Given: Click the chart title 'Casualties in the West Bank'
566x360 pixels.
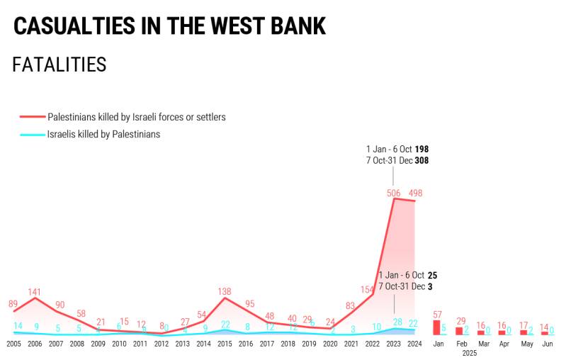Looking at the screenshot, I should click(x=169, y=26).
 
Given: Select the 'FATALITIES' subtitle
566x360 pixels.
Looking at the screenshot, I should click(x=60, y=65).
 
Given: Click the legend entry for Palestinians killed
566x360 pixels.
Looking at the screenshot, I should click(x=136, y=117).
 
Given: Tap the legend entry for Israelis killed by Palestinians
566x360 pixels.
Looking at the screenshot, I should click(x=103, y=134).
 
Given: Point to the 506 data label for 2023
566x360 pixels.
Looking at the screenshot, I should click(x=394, y=193).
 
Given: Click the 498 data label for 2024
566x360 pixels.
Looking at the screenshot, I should click(x=416, y=193).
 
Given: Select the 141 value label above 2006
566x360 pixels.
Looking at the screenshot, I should click(x=35, y=291).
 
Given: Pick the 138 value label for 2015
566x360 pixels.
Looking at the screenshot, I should click(x=225, y=291).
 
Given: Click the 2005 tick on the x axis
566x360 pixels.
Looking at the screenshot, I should click(x=13, y=344).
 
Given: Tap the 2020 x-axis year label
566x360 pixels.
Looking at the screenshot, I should click(x=330, y=344).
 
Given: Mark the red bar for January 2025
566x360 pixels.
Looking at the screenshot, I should click(x=436, y=327).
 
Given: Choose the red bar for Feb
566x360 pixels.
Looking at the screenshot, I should click(x=458, y=330).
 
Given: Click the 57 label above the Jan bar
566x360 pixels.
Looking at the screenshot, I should click(x=437, y=314).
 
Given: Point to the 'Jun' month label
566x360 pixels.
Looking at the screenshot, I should click(x=548, y=344).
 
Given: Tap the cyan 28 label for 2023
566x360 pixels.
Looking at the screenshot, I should click(x=397, y=322).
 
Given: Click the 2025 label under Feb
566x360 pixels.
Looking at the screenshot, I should click(x=469, y=353).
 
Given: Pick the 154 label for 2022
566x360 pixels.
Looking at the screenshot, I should click(x=367, y=289).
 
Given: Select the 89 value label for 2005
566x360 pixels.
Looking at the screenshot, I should click(x=13, y=304).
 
